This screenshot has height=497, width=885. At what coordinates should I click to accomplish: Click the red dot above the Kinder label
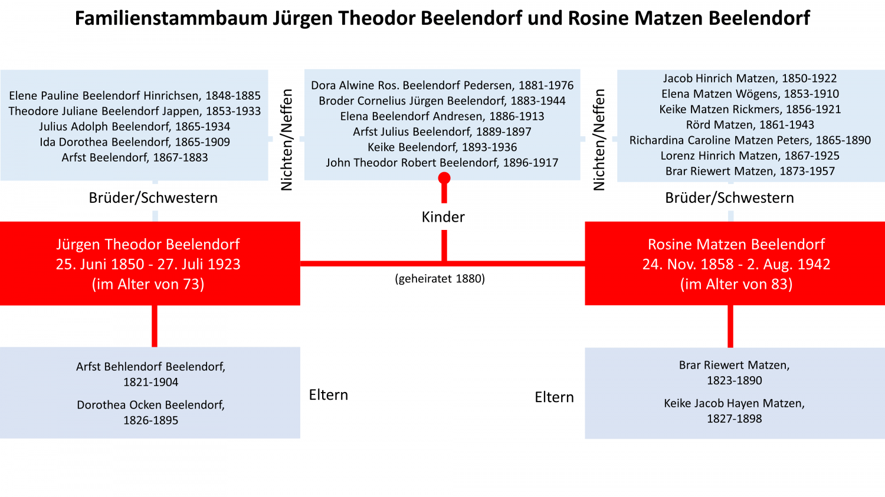point(444,178)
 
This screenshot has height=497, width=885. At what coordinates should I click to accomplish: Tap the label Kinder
point(443,217)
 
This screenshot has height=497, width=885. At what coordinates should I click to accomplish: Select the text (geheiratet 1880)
point(440,279)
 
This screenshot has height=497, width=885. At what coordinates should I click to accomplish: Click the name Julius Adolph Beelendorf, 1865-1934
point(135,126)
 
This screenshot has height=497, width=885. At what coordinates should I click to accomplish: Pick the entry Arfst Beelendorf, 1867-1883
point(135,157)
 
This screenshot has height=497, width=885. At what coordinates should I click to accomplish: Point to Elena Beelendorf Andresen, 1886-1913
point(442,116)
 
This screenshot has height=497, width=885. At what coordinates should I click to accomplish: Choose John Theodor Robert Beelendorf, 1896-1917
point(442,163)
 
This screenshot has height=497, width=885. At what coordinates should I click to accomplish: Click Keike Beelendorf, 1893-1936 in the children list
point(442,147)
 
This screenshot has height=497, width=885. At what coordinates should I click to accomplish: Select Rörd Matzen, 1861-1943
point(750,125)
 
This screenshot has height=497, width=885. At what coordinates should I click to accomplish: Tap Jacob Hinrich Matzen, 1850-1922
point(750,78)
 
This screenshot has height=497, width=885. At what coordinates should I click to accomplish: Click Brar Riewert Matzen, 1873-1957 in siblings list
point(750,171)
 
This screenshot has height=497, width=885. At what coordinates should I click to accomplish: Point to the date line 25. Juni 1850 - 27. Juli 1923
point(148,264)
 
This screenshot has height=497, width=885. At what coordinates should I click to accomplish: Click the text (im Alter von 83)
point(736,284)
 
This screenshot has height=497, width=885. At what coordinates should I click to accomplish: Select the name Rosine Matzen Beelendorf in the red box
point(736,244)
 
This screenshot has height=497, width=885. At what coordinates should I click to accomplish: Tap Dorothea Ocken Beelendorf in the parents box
point(150,405)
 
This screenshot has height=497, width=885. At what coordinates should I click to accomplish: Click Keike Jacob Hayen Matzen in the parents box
point(734,403)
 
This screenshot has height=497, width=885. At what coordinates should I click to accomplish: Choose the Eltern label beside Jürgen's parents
point(328,395)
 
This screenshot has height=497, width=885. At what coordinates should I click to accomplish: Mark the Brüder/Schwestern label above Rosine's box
point(729,198)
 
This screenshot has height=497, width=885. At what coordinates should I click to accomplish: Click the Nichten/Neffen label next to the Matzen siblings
point(599,140)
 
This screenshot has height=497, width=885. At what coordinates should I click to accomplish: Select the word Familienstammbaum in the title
point(172,18)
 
